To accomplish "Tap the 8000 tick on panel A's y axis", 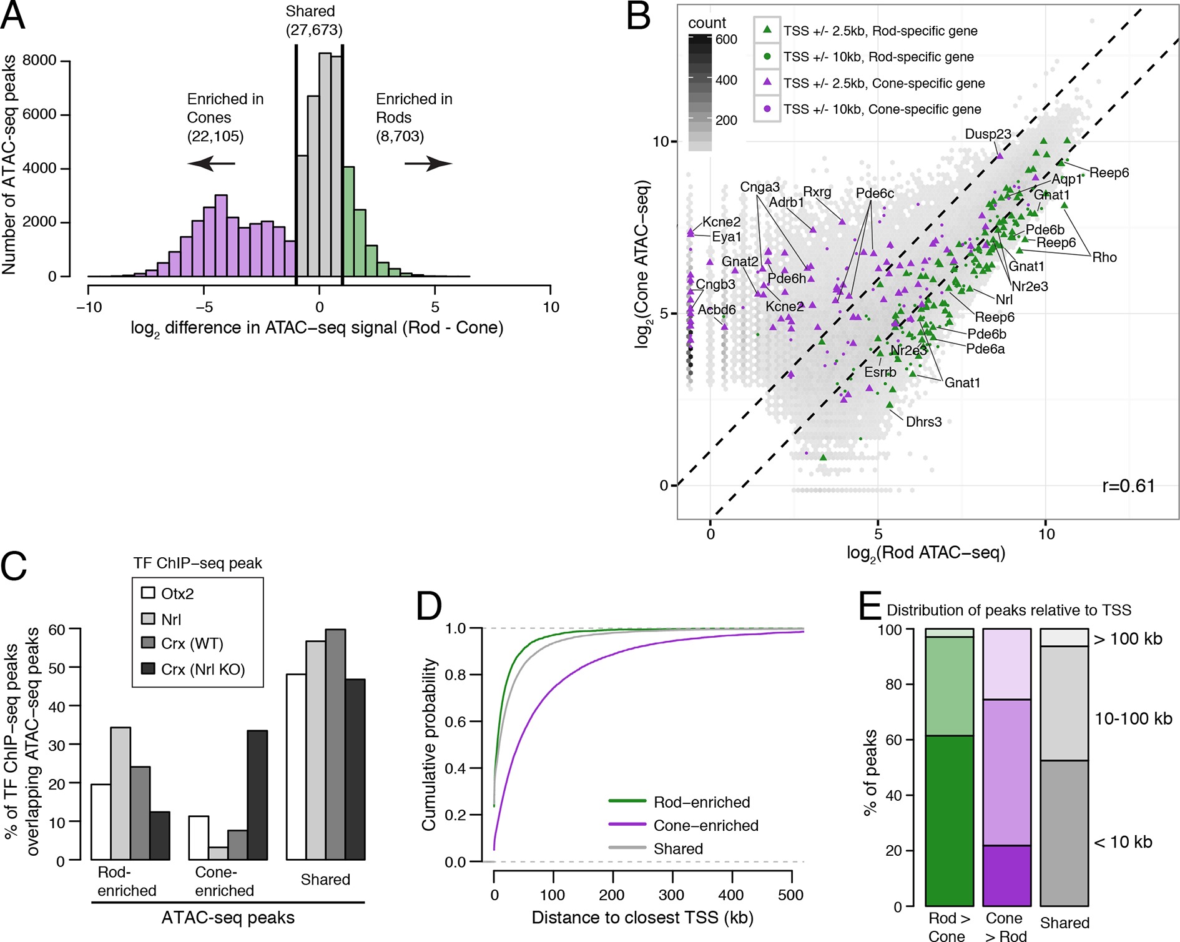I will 39,61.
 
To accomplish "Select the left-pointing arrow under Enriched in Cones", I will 211,164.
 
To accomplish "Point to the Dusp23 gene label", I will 988,134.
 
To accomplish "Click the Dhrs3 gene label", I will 923,422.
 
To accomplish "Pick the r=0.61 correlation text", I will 1128,486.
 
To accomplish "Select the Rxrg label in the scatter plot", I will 817,192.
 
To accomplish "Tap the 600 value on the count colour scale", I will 726,39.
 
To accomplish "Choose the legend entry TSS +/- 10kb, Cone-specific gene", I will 882,109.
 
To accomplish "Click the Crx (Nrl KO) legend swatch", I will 148,669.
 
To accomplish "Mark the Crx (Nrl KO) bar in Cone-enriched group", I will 257,795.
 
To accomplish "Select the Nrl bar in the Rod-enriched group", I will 120,793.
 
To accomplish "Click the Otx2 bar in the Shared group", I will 296,766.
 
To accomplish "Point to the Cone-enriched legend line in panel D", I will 627,825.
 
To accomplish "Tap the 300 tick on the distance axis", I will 671,895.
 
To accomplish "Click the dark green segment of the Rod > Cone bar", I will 949,820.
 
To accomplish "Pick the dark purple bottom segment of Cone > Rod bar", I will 1006,875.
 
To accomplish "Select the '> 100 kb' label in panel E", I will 1128,639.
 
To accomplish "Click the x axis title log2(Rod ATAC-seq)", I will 925,553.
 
